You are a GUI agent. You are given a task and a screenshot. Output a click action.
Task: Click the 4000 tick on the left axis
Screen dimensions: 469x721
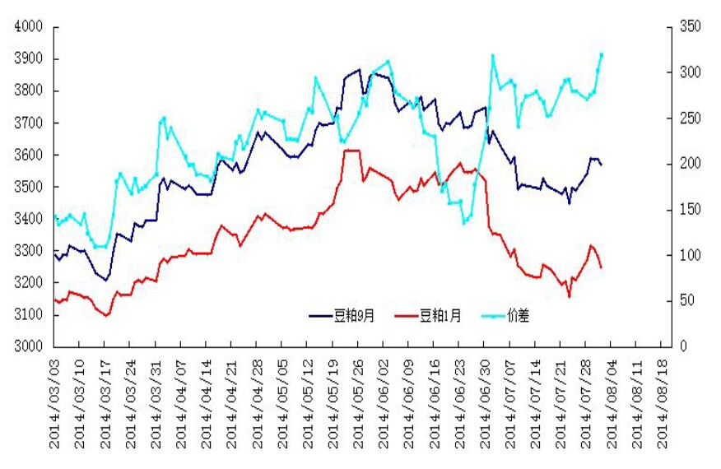(x=28, y=27)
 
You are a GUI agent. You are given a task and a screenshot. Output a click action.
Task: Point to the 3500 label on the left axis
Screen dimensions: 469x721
(x=28, y=187)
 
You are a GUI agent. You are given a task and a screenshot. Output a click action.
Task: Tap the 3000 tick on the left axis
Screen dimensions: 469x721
(x=28, y=346)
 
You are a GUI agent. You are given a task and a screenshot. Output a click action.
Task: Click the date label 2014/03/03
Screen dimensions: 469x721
(x=55, y=403)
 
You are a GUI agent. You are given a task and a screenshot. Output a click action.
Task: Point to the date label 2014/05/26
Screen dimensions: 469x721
(x=359, y=403)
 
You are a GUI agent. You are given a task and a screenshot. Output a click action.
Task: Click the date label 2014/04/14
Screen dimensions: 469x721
(x=207, y=403)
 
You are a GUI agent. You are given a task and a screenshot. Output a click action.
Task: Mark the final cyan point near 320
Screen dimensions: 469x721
(x=602, y=54)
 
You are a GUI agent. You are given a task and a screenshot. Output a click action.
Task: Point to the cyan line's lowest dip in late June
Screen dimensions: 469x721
(x=465, y=222)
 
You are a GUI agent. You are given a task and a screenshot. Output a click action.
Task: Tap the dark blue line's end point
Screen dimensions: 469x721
(x=602, y=165)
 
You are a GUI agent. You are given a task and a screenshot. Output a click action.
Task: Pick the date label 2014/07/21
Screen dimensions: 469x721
(x=562, y=403)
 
